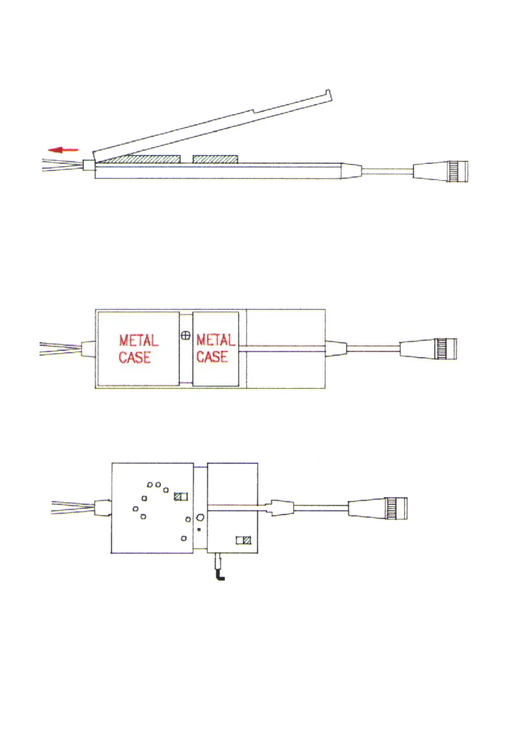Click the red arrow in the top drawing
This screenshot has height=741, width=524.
point(63,150)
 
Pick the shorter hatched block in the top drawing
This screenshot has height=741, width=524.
point(215,159)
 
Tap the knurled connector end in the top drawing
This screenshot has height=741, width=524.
point(458,172)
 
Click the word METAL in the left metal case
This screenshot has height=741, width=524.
point(138,341)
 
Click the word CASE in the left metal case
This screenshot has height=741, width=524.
point(134,357)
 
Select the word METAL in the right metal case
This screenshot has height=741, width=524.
point(215,340)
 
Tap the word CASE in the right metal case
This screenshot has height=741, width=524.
point(212,356)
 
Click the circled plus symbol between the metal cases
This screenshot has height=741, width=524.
point(186,336)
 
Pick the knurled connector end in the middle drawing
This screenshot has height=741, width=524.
point(446,348)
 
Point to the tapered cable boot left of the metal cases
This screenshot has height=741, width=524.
point(88,348)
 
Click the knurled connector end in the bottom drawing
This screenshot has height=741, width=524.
point(396,508)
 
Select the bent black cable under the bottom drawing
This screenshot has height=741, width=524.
point(219,571)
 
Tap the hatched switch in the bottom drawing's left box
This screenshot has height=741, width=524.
point(181,496)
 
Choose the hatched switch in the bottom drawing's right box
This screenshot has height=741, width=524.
point(244,540)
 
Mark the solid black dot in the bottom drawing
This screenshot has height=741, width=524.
point(199,529)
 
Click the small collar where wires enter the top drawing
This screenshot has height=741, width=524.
point(89,165)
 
